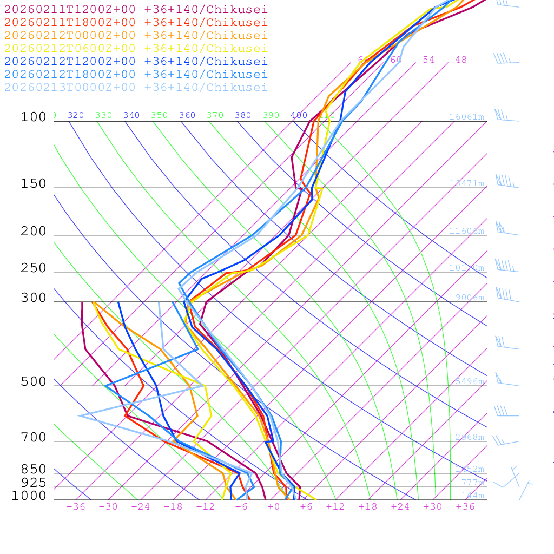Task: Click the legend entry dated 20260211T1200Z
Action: [135, 10]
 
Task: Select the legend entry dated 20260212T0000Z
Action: [135, 36]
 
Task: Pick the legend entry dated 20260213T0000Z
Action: [135, 88]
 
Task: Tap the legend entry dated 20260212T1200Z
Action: [135, 62]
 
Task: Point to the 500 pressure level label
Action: [34, 382]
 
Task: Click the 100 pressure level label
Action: [34, 117]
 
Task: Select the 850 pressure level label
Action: [34, 470]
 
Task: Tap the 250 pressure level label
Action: [34, 268]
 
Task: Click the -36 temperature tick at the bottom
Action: [76, 507]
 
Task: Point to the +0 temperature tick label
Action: [273, 507]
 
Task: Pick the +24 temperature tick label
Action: [400, 507]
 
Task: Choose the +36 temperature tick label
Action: [465, 507]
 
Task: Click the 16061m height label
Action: [467, 117]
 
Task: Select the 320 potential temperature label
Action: [76, 115]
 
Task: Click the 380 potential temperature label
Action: [243, 115]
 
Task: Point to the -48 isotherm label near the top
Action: [458, 60]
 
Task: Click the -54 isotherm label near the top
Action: [425, 60]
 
